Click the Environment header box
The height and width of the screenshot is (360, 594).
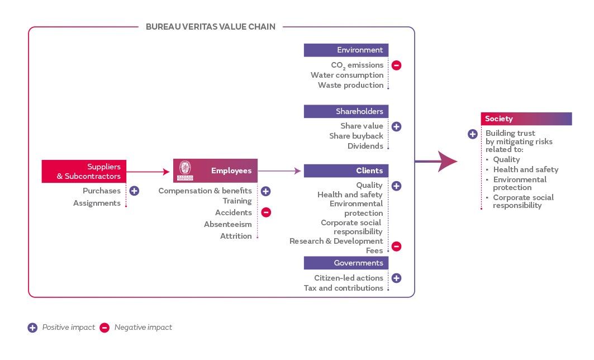click(x=346, y=50)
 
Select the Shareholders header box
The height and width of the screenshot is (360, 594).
click(x=346, y=111)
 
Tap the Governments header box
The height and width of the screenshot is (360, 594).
click(x=346, y=263)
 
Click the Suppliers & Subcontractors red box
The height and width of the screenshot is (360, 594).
click(x=84, y=171)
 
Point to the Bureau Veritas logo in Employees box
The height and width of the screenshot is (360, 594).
click(x=184, y=170)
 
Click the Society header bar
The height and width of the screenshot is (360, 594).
click(x=526, y=119)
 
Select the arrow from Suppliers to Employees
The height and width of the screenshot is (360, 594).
click(x=148, y=171)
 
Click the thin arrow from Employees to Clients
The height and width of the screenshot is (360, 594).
click(x=279, y=171)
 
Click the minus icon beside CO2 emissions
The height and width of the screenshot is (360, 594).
click(x=396, y=65)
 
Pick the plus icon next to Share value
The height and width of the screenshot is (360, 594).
click(x=396, y=126)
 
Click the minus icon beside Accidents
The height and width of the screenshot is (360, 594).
click(x=266, y=212)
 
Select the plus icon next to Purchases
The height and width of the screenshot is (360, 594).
click(x=134, y=191)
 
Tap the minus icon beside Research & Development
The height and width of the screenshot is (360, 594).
click(x=396, y=246)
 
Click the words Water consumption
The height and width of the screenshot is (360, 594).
click(x=347, y=75)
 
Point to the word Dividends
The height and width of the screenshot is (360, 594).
click(x=365, y=146)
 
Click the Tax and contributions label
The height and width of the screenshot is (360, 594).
click(x=344, y=288)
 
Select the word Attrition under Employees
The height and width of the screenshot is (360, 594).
click(x=236, y=236)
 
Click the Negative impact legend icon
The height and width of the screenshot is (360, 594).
click(x=104, y=328)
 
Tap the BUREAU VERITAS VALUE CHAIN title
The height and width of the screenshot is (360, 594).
click(x=210, y=26)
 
